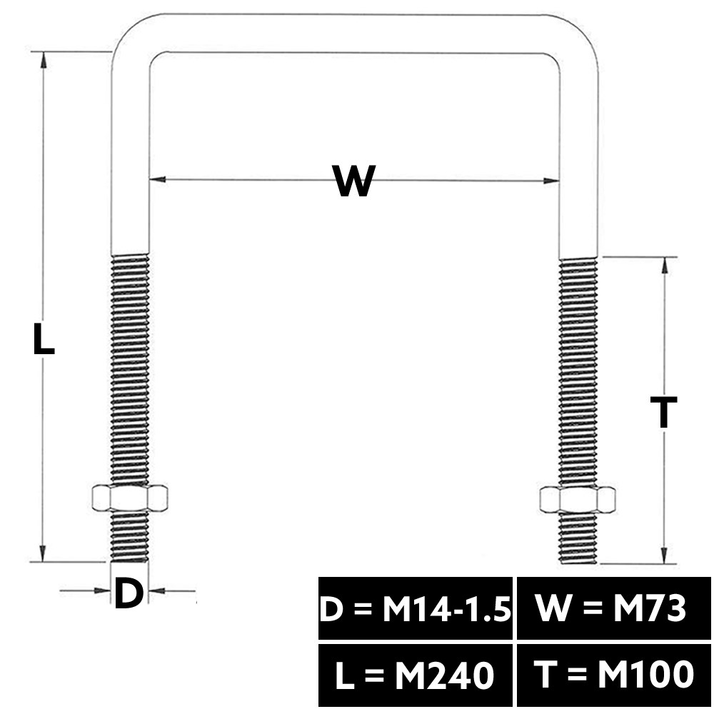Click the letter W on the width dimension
click(x=354, y=181)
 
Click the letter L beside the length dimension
click(x=44, y=338)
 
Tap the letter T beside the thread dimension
click(x=663, y=413)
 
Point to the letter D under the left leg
click(x=129, y=593)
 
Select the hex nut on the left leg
click(x=130, y=498)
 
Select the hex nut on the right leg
click(x=578, y=499)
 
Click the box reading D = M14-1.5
click(x=416, y=608)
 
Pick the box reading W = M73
click(x=613, y=608)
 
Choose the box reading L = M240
click(x=416, y=675)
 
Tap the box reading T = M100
click(x=613, y=675)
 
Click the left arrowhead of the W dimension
click(x=157, y=179)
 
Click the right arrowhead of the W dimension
click(x=551, y=181)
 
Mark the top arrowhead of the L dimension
click(x=44, y=60)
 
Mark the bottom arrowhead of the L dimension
click(x=43, y=554)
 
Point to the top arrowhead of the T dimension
click(x=664, y=265)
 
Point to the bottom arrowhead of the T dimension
click(x=664, y=555)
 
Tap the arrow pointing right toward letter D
click(x=86, y=590)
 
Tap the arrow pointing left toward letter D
click(x=172, y=591)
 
